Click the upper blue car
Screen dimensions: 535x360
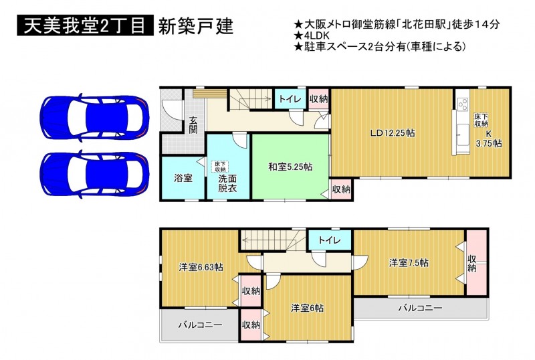coord(94,117)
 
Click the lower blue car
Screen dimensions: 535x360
coord(94,174)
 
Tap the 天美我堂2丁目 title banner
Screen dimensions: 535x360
coord(86,25)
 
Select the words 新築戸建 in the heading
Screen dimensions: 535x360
coord(196,25)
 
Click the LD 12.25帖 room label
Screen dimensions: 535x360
coord(393,133)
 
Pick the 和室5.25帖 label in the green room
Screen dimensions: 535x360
coord(290,167)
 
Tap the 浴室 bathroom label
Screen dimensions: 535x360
coord(183,178)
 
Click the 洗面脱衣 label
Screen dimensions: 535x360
coord(227,183)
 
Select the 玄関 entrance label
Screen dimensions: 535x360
coord(193,124)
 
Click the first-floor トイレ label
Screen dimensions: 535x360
coord(290,99)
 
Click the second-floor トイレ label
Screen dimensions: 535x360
coord(330,240)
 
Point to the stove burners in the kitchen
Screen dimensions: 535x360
coord(463,104)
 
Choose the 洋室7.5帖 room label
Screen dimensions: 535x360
coord(409,263)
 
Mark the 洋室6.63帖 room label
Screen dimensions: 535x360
coord(201,267)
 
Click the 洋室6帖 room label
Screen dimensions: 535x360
coord(307,308)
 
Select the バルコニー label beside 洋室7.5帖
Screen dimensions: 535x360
coord(421,308)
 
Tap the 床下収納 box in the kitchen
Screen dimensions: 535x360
coord(481,120)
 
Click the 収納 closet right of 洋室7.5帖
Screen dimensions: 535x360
coord(476,263)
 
